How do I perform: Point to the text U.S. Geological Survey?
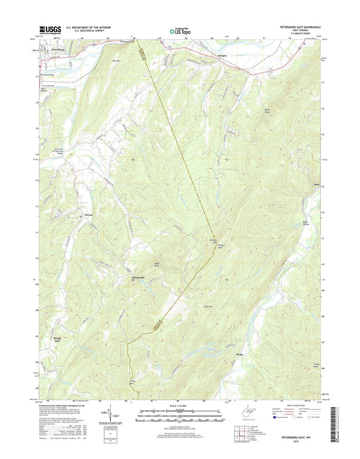tap(86, 30)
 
